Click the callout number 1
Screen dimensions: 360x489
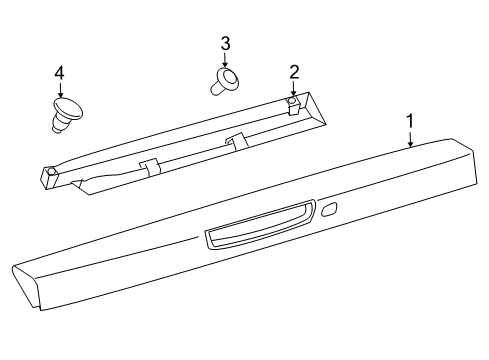[409, 121]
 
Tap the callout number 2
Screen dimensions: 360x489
[294, 70]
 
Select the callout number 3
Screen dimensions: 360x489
[225, 43]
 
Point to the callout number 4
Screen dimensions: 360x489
[59, 72]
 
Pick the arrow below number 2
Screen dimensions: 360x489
[294, 87]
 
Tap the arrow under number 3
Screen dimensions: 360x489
[225, 60]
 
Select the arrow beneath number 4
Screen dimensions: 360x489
[59, 89]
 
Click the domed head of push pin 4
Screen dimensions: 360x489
[68, 106]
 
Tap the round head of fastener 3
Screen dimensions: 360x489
[230, 78]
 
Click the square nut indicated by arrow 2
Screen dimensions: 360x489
[291, 100]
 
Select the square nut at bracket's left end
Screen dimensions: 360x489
[50, 172]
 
